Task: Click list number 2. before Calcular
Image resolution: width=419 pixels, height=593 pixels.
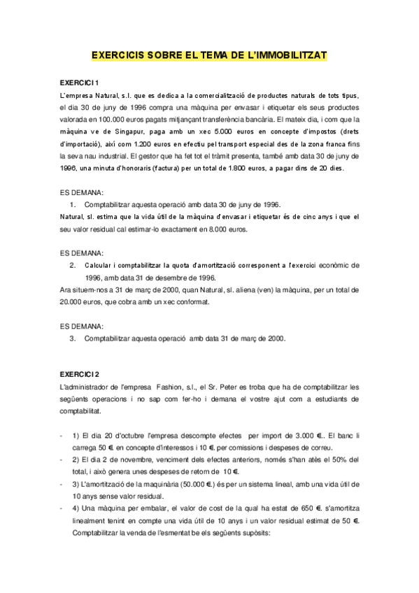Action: coord(73,265)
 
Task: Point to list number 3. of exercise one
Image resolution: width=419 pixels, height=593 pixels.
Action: coord(73,338)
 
